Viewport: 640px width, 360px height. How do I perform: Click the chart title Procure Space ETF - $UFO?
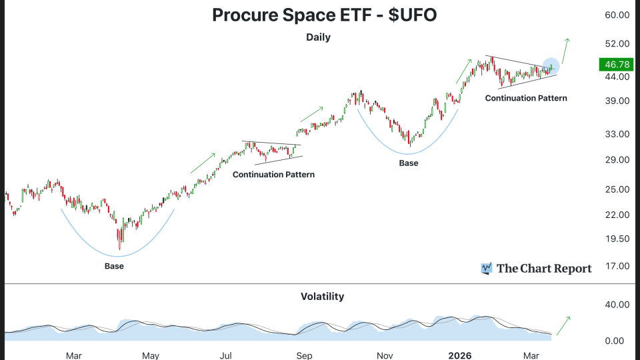pyautogui.click(x=324, y=15)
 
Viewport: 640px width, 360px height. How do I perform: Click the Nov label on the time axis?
pyautogui.click(x=385, y=355)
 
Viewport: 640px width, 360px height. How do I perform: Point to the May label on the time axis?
pyautogui.click(x=151, y=355)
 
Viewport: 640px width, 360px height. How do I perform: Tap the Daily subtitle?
pyautogui.click(x=318, y=37)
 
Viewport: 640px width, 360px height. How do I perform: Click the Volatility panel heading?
pyautogui.click(x=322, y=296)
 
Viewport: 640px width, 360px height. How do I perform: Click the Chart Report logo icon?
pyautogui.click(x=487, y=269)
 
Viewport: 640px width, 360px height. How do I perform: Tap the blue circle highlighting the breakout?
pyautogui.click(x=551, y=65)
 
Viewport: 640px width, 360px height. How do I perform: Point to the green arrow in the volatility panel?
pyautogui.click(x=563, y=325)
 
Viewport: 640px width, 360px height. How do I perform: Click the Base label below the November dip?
pyautogui.click(x=409, y=163)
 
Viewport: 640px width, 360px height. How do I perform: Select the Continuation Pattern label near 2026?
pyautogui.click(x=526, y=98)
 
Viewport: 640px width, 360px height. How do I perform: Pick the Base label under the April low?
pyautogui.click(x=114, y=266)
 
